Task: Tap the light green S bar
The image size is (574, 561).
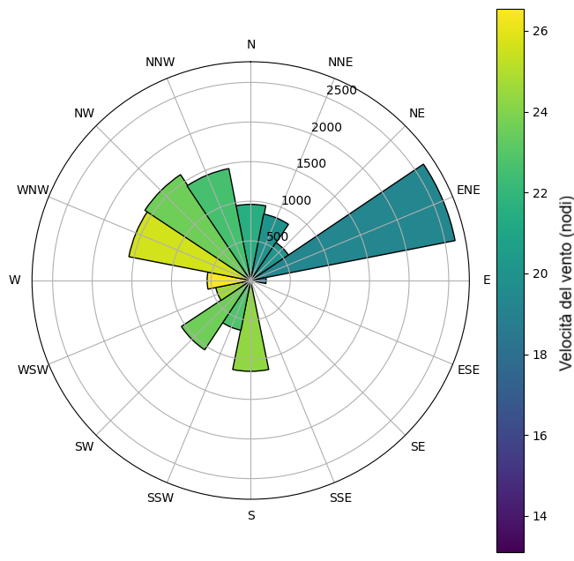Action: [251, 340]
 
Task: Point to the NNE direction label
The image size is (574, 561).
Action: [340, 62]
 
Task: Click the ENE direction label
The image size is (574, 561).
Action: [468, 190]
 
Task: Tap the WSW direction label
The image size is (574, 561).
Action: [34, 370]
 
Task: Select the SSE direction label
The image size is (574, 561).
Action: [340, 498]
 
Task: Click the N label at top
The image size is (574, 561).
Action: [251, 44]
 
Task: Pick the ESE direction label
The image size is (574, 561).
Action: [468, 370]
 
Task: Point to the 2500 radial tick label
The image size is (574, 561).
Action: [341, 91]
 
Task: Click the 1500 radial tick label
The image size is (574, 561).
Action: [310, 163]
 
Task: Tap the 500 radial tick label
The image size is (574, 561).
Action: [278, 236]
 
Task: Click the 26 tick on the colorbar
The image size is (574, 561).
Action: [540, 31]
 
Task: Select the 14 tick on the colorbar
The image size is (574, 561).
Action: [540, 516]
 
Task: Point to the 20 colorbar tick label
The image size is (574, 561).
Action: [540, 273]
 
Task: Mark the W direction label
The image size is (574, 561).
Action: [15, 280]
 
